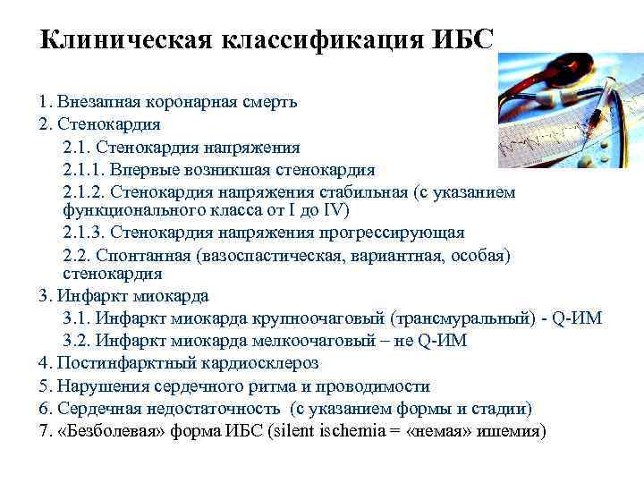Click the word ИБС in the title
(461, 39)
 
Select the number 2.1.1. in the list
(82, 169)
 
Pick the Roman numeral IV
(335, 210)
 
